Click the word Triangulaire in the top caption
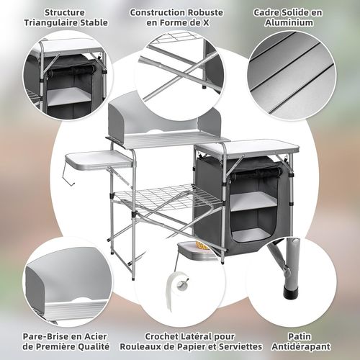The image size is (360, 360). pyautogui.click(x=53, y=23)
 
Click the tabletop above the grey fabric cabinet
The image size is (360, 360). pyautogui.click(x=247, y=146)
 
